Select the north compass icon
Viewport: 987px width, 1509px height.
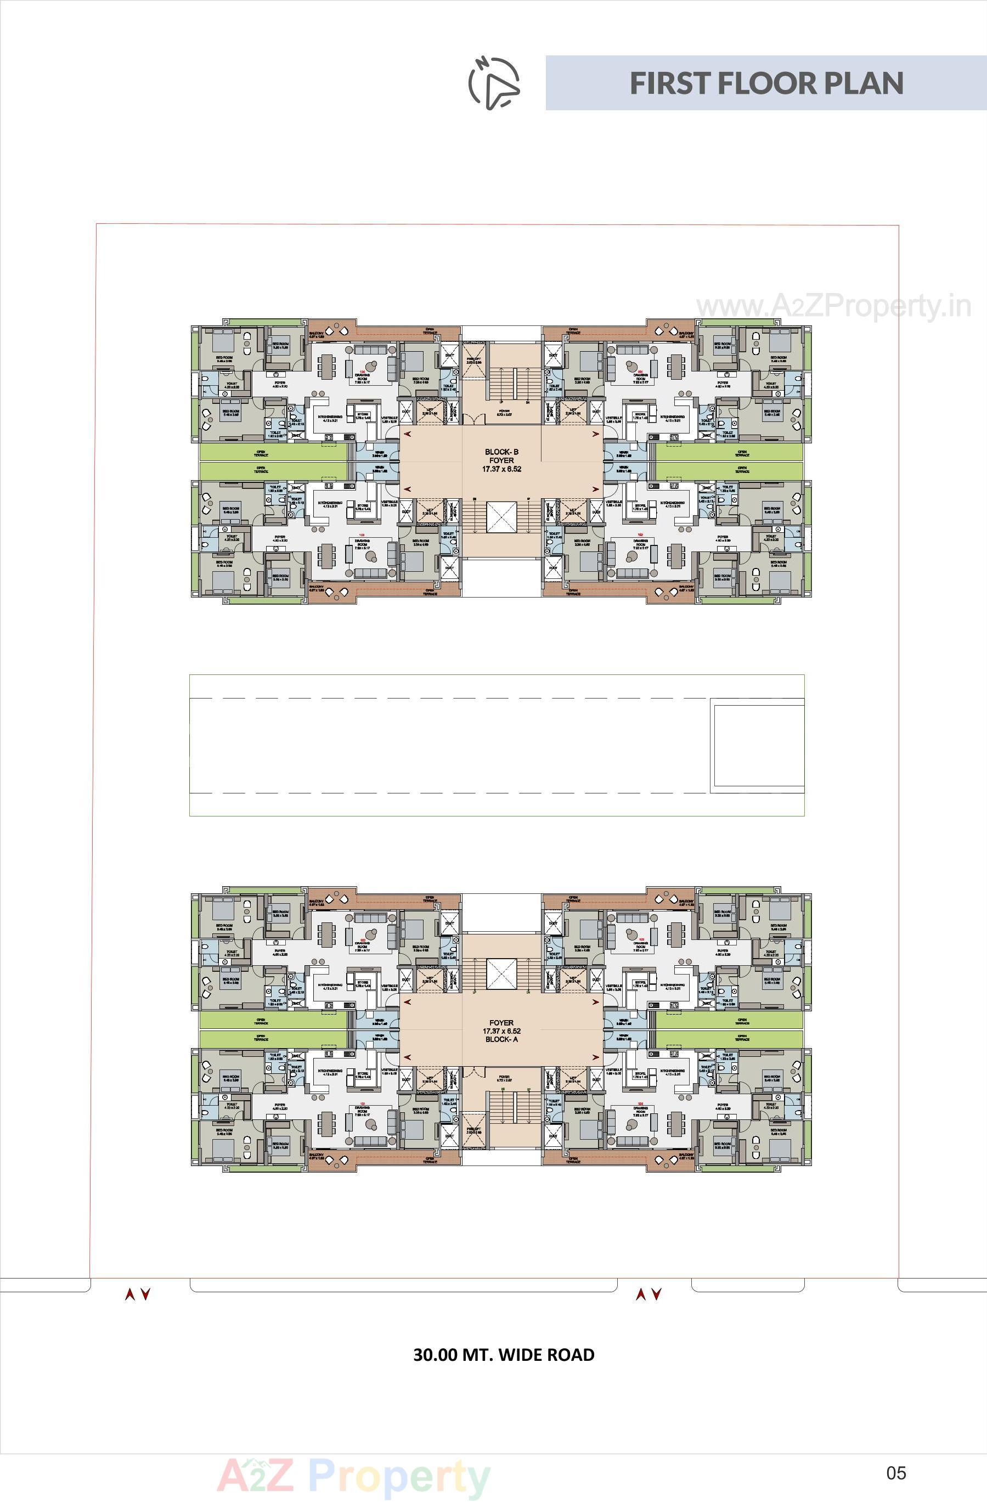click(494, 82)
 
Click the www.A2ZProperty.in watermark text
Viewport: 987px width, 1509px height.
click(833, 307)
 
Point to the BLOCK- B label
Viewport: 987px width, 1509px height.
click(501, 452)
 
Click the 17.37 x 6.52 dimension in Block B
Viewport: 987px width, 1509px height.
click(501, 469)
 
